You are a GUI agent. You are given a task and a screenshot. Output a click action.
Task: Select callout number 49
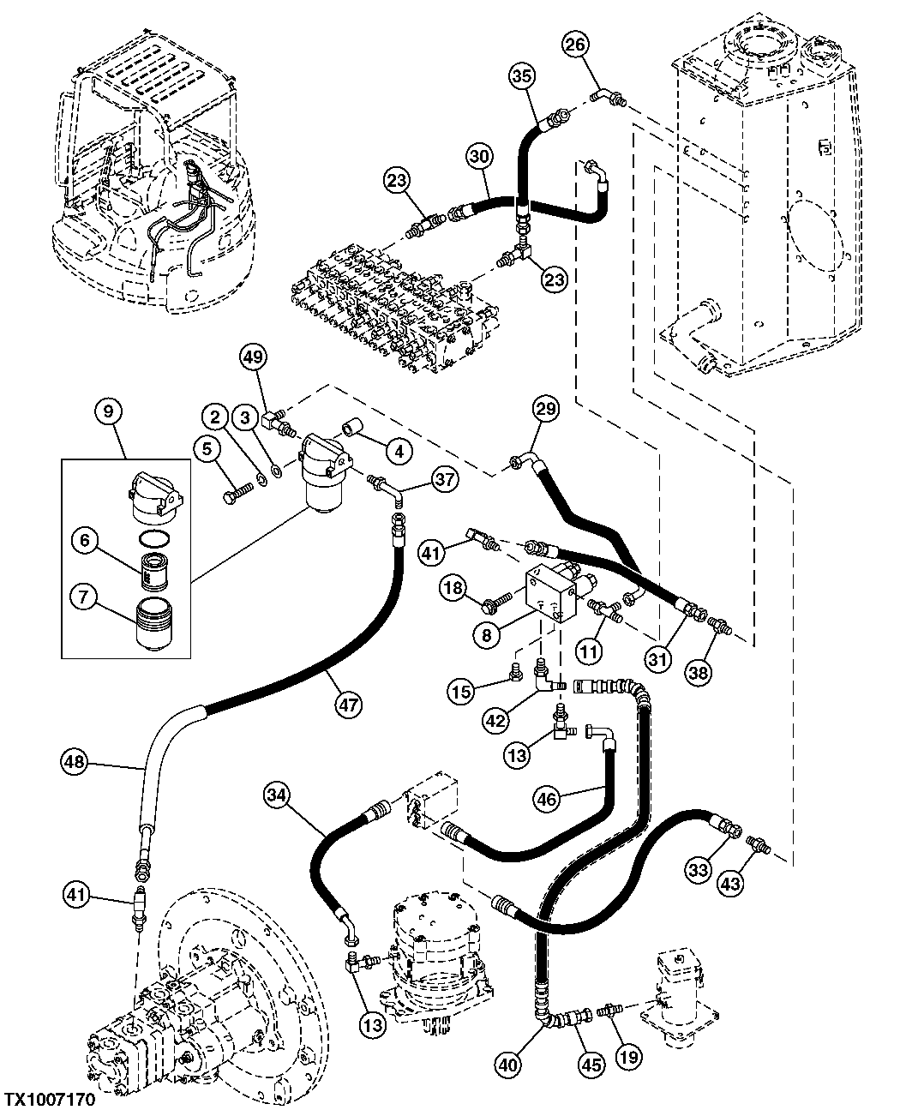(252, 357)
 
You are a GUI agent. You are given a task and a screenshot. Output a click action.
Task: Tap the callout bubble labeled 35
(523, 76)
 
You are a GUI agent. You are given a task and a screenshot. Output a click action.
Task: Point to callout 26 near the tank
(576, 45)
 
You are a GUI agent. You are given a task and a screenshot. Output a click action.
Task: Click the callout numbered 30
(480, 157)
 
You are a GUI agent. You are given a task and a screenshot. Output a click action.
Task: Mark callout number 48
(75, 759)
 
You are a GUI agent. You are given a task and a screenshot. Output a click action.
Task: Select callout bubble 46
(547, 799)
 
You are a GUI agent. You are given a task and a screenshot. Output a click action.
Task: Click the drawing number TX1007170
(48, 1098)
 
